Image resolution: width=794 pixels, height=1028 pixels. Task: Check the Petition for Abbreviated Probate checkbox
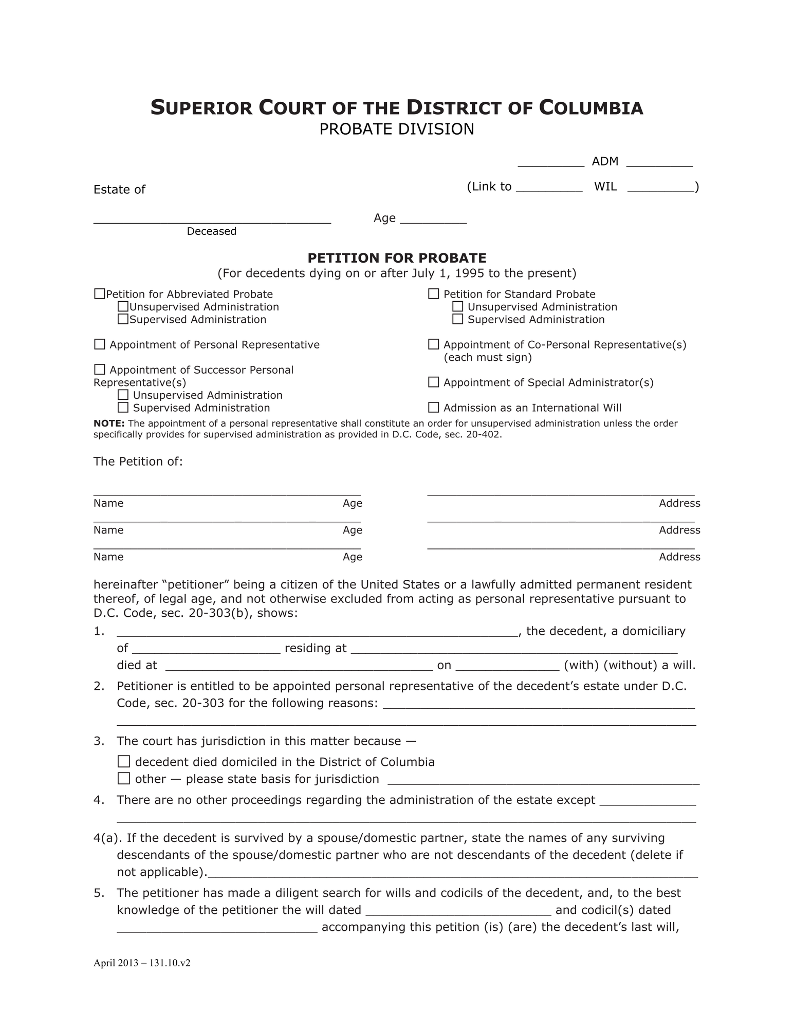(x=100, y=294)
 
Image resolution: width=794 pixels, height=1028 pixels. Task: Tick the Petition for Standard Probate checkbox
(x=434, y=294)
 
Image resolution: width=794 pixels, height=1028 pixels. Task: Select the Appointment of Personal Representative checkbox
(x=100, y=344)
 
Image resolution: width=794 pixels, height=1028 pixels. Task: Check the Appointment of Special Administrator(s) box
(x=434, y=382)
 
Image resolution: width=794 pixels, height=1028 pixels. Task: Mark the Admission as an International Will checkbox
(x=434, y=408)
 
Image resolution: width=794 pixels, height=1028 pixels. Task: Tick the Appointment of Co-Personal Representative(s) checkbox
(x=434, y=344)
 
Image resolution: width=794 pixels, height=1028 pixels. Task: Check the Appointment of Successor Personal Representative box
(x=100, y=370)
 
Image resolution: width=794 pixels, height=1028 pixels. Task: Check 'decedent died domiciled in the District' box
(x=124, y=762)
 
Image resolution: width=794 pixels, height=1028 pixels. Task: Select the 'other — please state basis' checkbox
(x=124, y=779)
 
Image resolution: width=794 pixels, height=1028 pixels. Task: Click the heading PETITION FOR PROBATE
(x=397, y=258)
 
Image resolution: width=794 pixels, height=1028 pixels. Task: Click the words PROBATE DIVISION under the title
(x=397, y=129)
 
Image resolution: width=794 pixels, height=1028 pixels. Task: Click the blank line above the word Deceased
(x=212, y=219)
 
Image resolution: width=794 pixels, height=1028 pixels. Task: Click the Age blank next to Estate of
(x=433, y=219)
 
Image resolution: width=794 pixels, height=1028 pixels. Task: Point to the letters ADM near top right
(x=605, y=161)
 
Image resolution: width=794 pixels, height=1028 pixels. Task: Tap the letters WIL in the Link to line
(x=605, y=187)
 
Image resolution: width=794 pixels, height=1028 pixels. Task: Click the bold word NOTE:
(x=109, y=424)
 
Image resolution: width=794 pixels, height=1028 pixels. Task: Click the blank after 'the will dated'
(x=458, y=910)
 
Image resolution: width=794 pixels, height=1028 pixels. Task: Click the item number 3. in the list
(x=99, y=741)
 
